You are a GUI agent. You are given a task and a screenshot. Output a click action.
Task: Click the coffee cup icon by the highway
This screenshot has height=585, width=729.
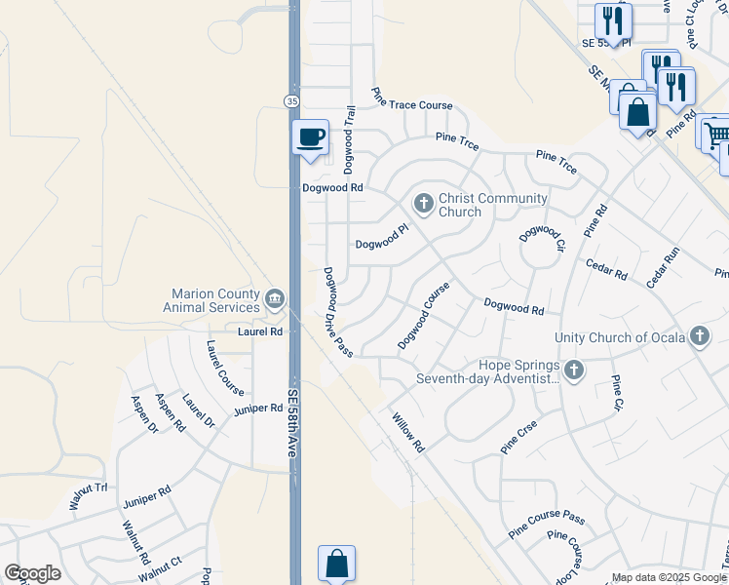[311, 136]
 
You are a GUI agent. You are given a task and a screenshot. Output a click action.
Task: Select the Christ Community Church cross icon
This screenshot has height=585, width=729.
[423, 204]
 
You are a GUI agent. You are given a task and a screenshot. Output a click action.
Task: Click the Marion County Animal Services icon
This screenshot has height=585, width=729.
[274, 296]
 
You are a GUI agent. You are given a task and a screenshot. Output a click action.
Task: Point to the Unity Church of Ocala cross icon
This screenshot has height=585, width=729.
[699, 337]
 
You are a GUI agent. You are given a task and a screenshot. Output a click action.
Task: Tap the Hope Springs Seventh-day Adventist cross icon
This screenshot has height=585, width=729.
[574, 370]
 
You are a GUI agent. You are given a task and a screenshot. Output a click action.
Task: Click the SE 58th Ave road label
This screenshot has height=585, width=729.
[291, 424]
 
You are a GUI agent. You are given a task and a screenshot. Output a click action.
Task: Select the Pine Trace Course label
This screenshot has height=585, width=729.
[412, 99]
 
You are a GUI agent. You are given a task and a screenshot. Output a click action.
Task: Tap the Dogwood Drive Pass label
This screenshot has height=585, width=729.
[338, 312]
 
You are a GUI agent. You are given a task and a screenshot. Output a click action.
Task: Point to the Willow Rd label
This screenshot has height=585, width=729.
[408, 433]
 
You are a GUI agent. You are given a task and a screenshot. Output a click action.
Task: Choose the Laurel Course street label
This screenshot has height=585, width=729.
[224, 368]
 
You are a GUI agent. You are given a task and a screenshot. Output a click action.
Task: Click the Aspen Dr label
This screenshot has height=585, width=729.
[142, 414]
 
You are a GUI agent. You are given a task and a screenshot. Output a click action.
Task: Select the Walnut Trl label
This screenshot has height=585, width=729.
[87, 496]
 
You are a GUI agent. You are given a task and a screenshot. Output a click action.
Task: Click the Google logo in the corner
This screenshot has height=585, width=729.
[32, 573]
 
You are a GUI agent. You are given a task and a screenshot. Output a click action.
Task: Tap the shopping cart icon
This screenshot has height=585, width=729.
[716, 134]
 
